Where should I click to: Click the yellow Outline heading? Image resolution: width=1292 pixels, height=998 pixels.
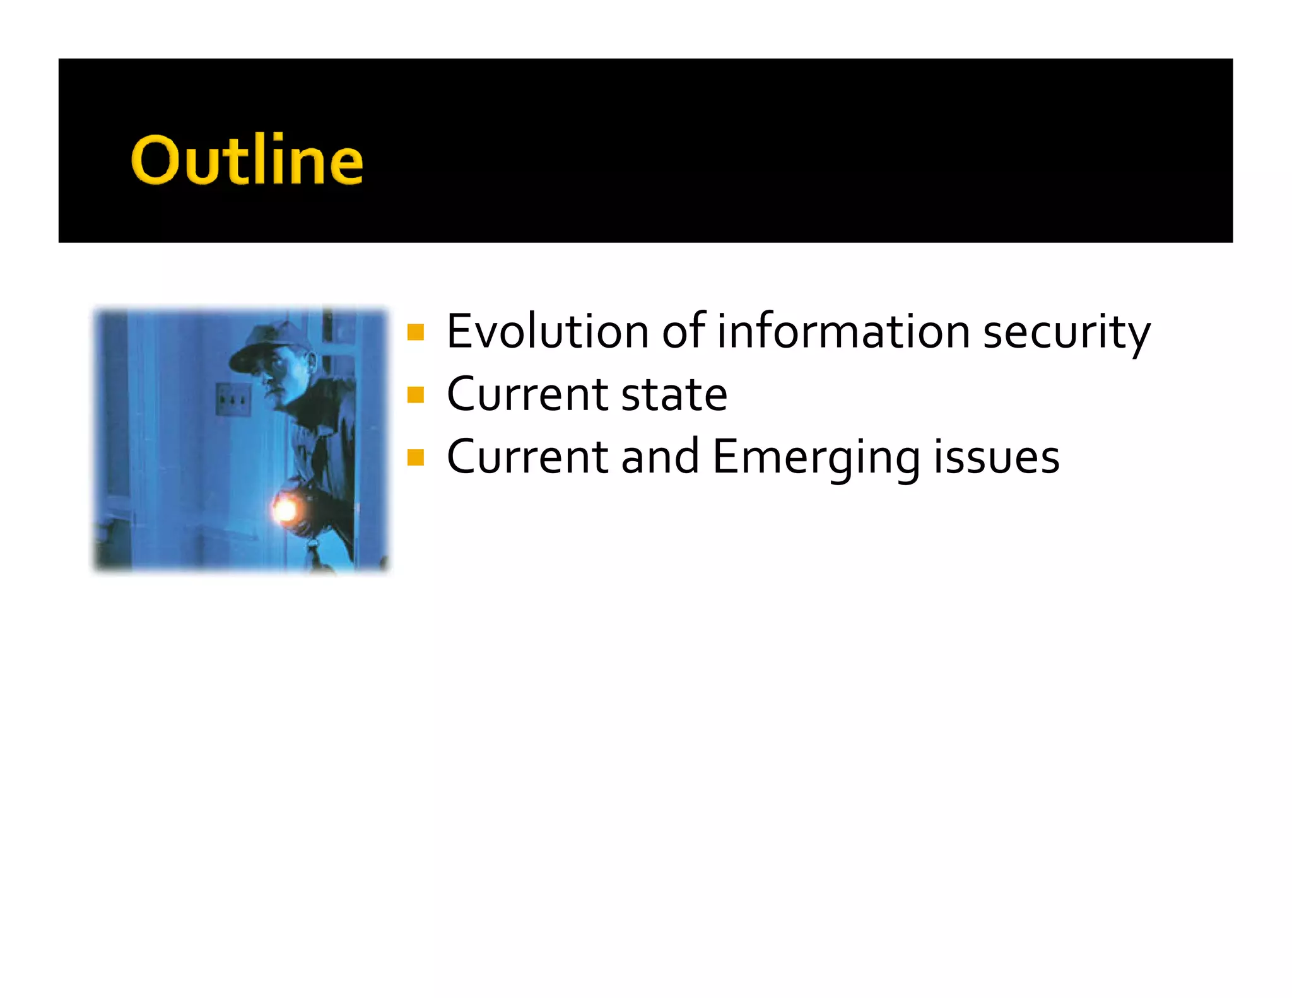click(247, 160)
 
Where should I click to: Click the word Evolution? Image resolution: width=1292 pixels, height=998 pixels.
click(546, 332)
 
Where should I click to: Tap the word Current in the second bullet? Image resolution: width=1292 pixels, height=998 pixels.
click(527, 395)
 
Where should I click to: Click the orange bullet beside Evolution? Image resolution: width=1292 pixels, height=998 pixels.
click(416, 332)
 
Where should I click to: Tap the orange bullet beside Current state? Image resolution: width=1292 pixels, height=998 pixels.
click(416, 396)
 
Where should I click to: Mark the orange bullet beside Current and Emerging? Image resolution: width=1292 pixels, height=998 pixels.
click(416, 457)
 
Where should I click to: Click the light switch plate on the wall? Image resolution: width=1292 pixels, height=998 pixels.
click(233, 399)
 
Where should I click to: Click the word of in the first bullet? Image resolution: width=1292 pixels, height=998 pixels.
click(683, 332)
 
